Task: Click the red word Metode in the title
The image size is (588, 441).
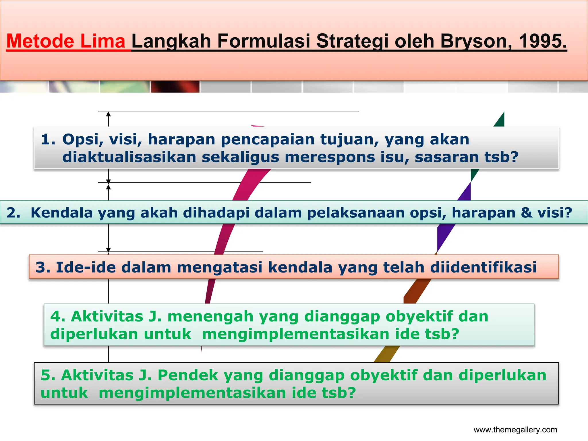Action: (x=40, y=41)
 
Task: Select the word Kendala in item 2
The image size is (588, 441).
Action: (x=62, y=213)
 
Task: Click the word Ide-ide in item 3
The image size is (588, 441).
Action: (x=86, y=267)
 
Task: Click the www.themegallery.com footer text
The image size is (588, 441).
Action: (x=515, y=430)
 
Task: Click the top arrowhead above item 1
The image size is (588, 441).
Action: (x=108, y=114)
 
